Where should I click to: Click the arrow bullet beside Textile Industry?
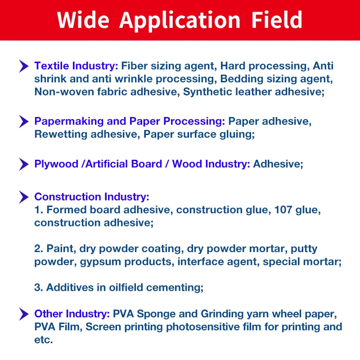(24, 66)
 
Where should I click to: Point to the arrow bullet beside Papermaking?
(24, 121)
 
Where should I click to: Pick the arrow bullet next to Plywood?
(24, 164)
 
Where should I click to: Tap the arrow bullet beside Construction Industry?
(24, 197)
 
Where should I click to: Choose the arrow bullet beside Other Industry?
(24, 314)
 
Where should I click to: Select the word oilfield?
(130, 288)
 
